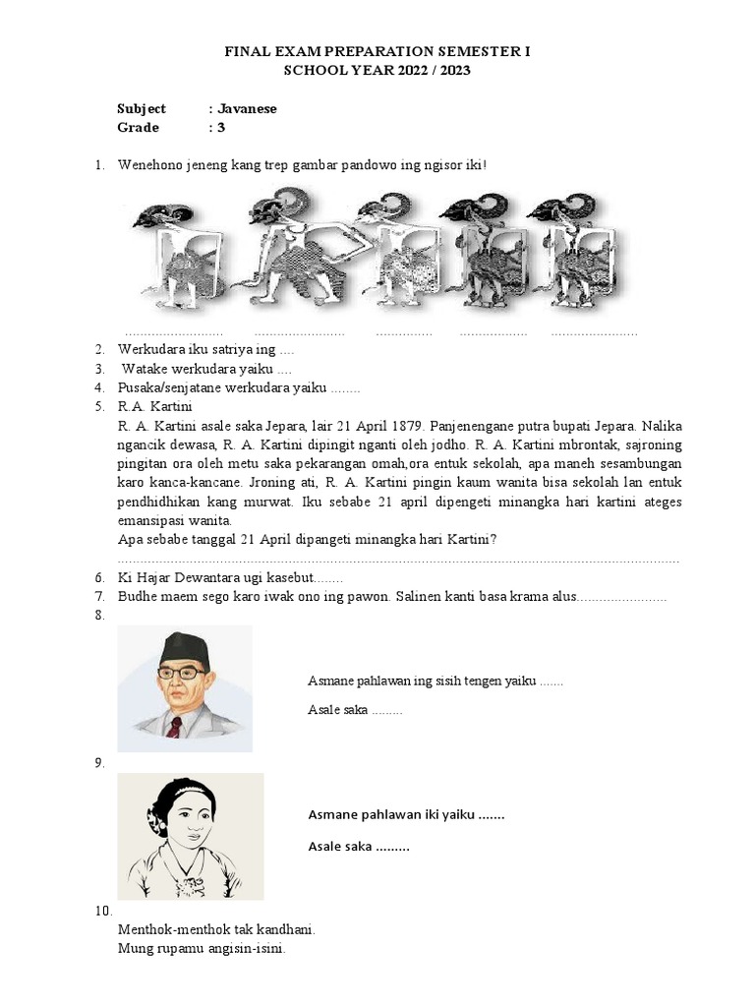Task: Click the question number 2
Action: [100, 349]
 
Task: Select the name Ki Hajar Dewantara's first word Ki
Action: [126, 577]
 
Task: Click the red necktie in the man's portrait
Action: [174, 727]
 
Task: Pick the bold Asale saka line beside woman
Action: [358, 847]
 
